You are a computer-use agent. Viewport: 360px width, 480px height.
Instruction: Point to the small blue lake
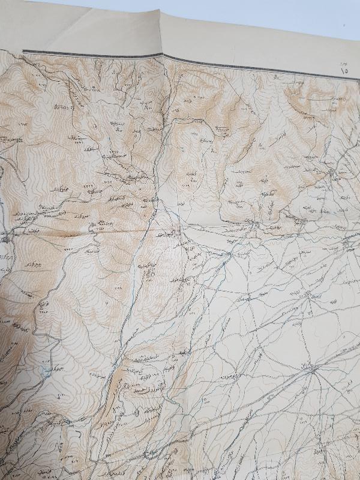45,371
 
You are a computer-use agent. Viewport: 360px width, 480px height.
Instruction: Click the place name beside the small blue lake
57,367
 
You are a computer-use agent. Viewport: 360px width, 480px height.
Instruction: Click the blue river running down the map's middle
129,300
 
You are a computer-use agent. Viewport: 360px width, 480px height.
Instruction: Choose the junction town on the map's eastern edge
350,244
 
